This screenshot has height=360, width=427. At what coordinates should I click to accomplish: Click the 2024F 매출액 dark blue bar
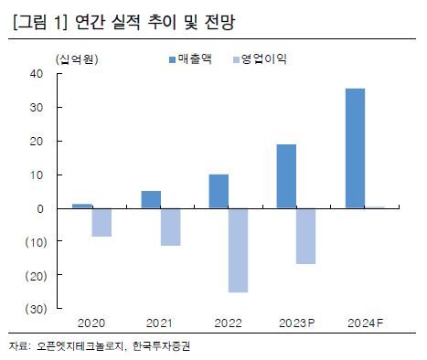pyautogui.click(x=355, y=148)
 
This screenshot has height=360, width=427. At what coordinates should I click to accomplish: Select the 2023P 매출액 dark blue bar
pyautogui.click(x=286, y=176)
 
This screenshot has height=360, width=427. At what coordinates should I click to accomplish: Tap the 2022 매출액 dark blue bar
pyautogui.click(x=219, y=191)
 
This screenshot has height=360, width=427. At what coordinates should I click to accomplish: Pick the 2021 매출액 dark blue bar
pyautogui.click(x=151, y=199)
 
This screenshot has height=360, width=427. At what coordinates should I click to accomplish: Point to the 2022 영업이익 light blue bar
pyautogui.click(x=238, y=250)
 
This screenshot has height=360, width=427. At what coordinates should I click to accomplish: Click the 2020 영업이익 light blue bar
pyautogui.click(x=101, y=222)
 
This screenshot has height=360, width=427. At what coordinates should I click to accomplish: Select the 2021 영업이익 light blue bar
pyautogui.click(x=170, y=227)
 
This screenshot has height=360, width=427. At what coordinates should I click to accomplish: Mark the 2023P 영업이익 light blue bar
pyautogui.click(x=305, y=236)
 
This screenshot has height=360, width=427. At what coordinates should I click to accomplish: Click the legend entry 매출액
pyautogui.click(x=189, y=59)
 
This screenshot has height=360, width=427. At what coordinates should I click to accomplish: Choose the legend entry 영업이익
pyautogui.click(x=262, y=59)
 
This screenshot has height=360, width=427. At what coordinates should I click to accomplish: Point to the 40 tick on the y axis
pyautogui.click(x=37, y=74)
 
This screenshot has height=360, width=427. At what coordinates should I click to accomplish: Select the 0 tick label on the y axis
pyautogui.click(x=40, y=208)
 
